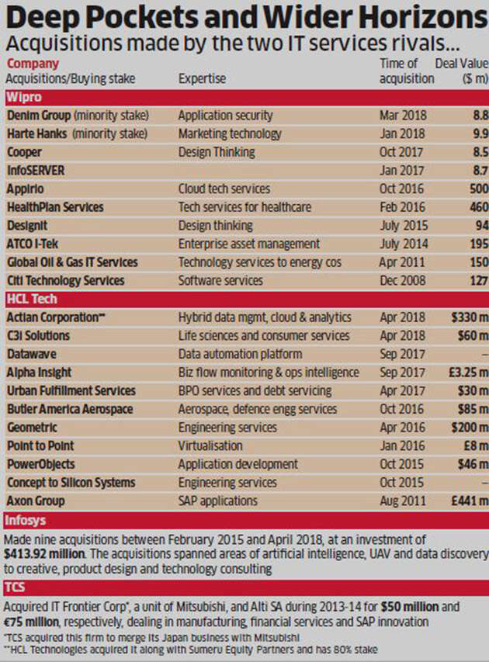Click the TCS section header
tap(16, 587)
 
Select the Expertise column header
tap(203, 78)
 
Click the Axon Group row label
tap(35, 501)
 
